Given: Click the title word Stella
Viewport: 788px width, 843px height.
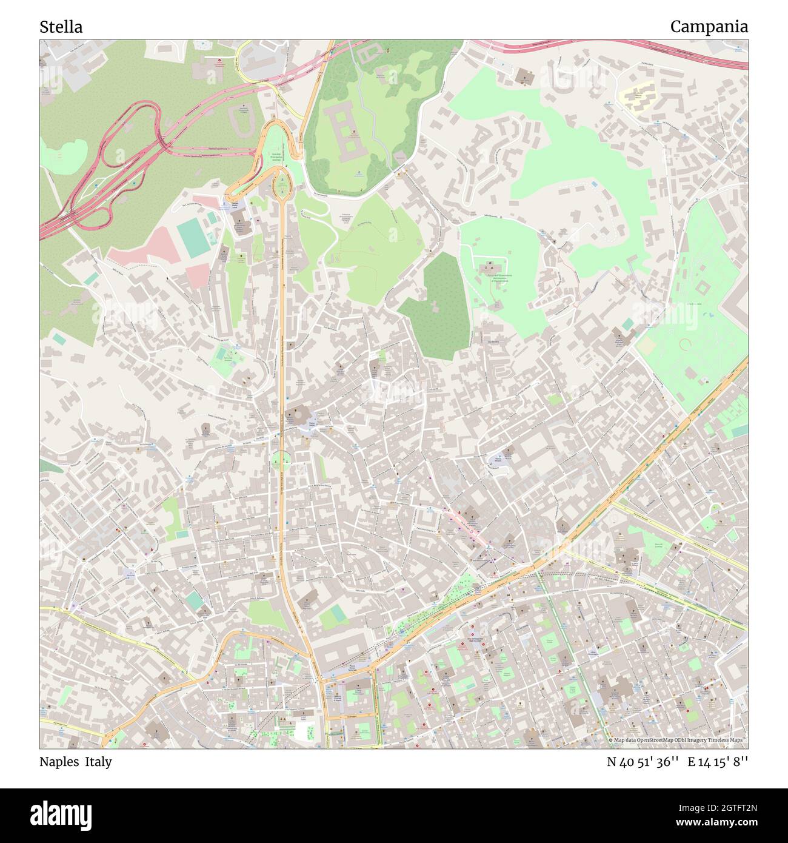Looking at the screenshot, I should (x=61, y=27).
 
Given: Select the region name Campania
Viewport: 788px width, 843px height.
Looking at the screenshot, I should (x=709, y=27).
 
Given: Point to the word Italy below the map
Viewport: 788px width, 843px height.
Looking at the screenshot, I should (x=98, y=762).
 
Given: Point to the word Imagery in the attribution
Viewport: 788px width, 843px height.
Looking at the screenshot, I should (x=701, y=741).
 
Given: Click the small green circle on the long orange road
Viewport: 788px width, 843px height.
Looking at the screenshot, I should (x=279, y=460).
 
